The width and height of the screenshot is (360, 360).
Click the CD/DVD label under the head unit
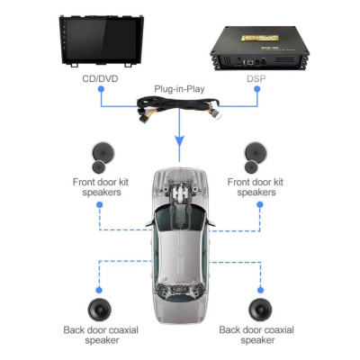99,79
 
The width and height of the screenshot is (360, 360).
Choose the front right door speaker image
260,158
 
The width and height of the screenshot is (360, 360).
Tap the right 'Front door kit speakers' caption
260,186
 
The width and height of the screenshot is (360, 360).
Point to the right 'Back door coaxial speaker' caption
260,335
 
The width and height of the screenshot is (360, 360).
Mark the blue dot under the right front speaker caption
260,204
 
